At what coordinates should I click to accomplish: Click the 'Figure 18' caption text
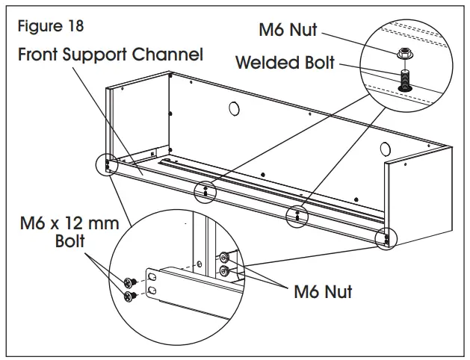pos(52,25)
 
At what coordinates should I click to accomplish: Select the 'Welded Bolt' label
pos(286,62)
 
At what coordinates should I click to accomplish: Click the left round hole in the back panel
pos(233,109)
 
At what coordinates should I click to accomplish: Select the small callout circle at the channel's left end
pos(108,164)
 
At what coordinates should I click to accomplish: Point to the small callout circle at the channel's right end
pos(386,239)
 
